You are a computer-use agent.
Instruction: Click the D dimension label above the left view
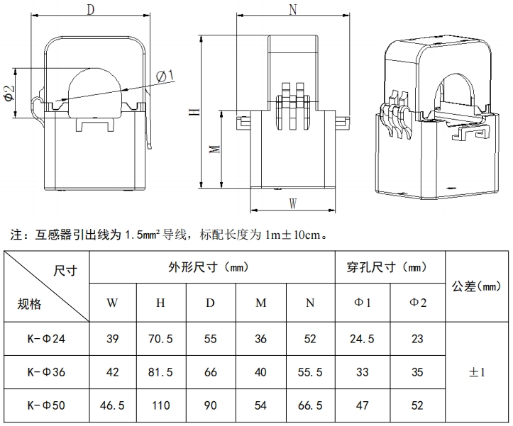[90, 9]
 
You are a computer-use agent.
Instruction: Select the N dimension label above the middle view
[294, 9]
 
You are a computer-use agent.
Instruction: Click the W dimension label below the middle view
[293, 203]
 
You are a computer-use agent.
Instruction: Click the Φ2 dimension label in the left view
[9, 93]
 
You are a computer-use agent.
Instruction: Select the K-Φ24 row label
[46, 339]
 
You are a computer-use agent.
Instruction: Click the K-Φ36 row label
[46, 372]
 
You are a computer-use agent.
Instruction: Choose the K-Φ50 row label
[46, 405]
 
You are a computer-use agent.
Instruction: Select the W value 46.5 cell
[112, 405]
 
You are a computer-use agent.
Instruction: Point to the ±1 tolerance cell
[477, 372]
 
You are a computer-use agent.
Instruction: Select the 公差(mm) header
[477, 286]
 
